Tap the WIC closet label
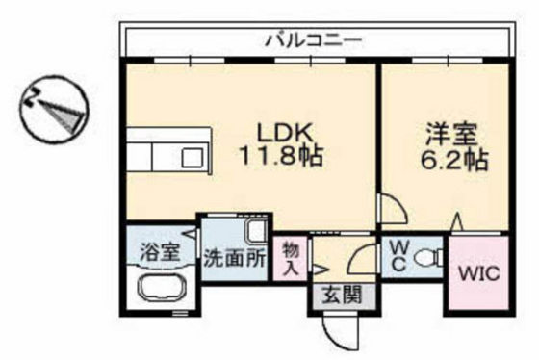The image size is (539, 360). (477, 273)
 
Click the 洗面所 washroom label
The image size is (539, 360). (234, 258)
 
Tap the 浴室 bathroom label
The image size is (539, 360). (159, 254)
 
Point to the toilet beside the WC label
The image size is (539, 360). (427, 257)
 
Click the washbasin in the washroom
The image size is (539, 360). (255, 232)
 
